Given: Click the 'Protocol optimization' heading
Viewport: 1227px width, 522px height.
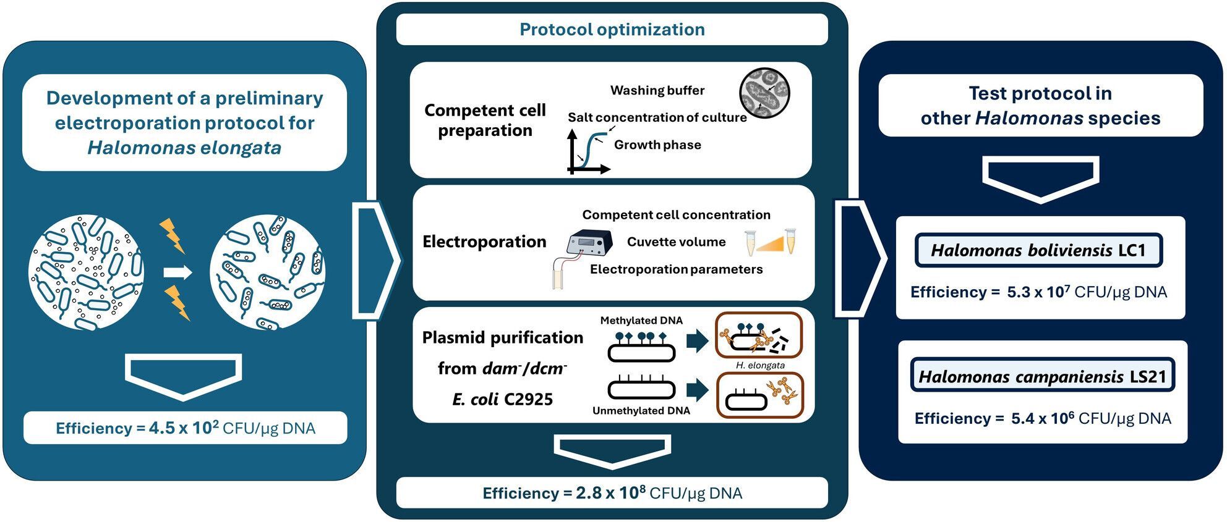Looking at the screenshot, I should tap(612, 30).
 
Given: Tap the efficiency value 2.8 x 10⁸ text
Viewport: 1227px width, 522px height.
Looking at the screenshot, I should tap(611, 492).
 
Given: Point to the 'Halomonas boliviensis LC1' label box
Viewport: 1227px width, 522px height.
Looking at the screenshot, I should tap(1038, 250).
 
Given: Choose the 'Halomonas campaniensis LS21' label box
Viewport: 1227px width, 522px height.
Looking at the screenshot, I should tap(1042, 376).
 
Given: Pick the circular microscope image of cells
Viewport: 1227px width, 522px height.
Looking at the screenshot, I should tap(764, 93).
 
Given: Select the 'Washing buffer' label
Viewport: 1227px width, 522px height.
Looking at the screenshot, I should tap(657, 91).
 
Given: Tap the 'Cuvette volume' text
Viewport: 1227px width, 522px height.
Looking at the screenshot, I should tap(676, 242).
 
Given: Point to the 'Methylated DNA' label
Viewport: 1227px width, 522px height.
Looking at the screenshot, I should tap(641, 321).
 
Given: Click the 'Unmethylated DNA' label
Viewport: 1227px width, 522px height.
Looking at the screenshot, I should tap(641, 411).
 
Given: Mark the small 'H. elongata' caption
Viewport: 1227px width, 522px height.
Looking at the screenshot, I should tap(760, 365).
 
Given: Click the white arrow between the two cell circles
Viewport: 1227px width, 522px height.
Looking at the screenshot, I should tap(177, 272).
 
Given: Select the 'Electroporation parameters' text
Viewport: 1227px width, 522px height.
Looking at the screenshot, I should tap(676, 269).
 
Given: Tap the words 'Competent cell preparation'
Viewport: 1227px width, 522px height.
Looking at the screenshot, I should tap(485, 120).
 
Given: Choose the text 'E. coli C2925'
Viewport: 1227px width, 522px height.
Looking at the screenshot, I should tap(502, 399).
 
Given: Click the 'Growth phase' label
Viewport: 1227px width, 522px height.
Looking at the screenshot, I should tap(657, 145).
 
